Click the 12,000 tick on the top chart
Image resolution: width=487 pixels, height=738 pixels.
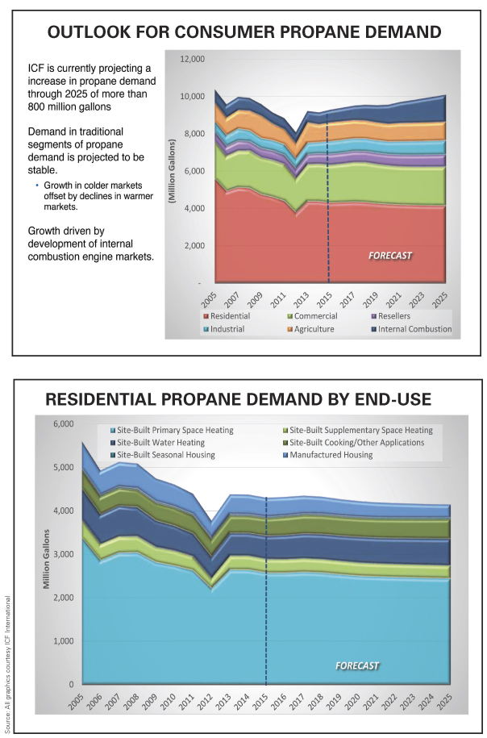coord(192,60)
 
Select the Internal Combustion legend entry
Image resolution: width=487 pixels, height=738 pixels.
coord(411,329)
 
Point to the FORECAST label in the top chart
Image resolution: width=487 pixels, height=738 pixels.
coord(390,256)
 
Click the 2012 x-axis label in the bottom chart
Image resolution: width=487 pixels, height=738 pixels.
coord(210,700)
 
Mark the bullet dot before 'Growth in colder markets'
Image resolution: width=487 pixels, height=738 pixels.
coord(37,186)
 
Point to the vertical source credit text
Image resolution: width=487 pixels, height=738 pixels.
coord(8,662)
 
